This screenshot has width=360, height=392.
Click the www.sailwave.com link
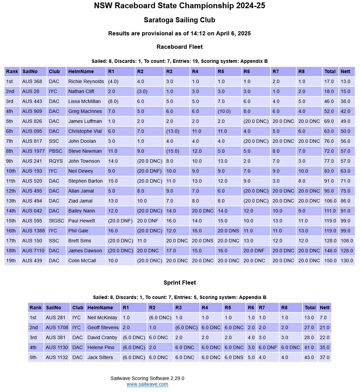click(147, 384)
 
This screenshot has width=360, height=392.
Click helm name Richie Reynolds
click(86, 81)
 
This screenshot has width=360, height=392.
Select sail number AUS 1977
click(33, 151)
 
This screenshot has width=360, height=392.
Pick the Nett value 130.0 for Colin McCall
click(346, 261)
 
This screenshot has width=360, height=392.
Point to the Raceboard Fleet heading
click(179, 47)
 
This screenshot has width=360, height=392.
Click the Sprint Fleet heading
click(179, 283)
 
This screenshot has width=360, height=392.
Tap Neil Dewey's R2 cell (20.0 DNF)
click(149, 171)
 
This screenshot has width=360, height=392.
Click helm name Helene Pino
click(101, 347)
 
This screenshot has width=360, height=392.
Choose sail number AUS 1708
click(57, 327)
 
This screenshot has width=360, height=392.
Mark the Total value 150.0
click(330, 261)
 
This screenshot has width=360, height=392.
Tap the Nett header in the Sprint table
click(324, 308)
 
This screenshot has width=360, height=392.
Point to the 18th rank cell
click(11, 251)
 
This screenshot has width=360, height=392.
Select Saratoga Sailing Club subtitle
click(179, 20)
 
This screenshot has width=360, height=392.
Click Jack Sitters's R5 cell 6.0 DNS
click(234, 357)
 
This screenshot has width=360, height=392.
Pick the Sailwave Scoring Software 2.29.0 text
click(147, 378)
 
